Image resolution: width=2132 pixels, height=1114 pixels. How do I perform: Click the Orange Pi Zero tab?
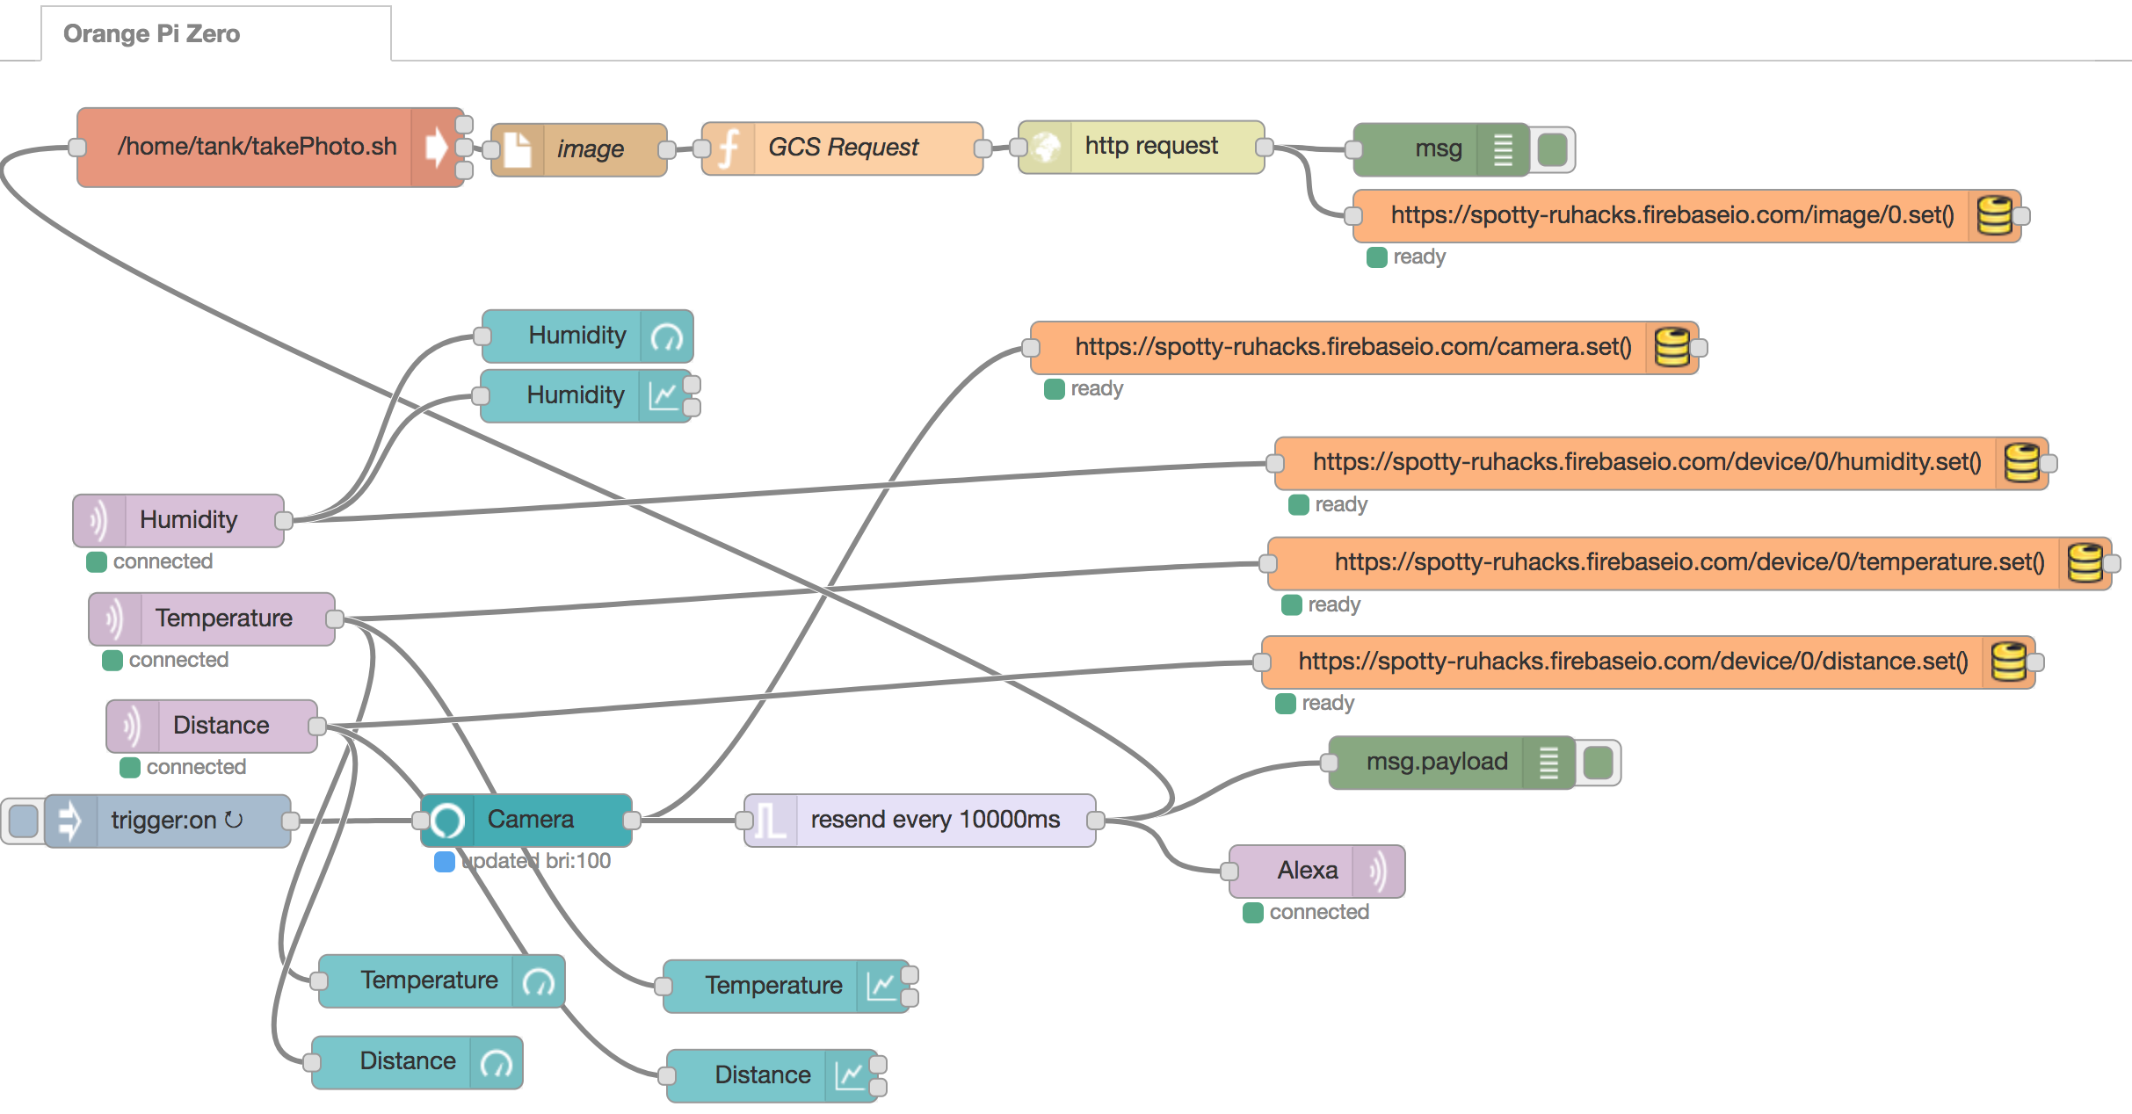152,33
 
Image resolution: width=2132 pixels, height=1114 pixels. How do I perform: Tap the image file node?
590,149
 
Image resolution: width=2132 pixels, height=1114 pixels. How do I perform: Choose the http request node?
1150,146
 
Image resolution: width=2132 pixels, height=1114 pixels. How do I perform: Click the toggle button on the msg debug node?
1553,149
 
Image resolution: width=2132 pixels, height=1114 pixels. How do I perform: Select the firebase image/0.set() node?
1671,216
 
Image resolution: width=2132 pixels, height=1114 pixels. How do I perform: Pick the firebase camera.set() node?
1352,348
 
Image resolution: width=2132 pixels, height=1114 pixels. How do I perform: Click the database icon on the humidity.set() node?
2021,463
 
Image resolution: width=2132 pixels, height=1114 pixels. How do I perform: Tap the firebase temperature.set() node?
1688,563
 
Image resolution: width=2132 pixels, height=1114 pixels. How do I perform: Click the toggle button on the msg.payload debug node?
1598,763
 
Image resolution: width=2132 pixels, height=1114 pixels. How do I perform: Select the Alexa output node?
1307,871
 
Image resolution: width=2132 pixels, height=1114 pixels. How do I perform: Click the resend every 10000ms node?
934,821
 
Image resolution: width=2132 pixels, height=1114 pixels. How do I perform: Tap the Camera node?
530,821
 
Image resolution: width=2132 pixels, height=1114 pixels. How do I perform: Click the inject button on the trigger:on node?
24,821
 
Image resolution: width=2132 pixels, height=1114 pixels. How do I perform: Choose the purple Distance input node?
221,726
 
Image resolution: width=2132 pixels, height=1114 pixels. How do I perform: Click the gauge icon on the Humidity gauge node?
667,336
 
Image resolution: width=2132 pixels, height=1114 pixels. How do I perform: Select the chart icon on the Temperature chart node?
881,986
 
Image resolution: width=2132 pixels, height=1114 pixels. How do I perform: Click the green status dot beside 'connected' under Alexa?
1253,913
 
